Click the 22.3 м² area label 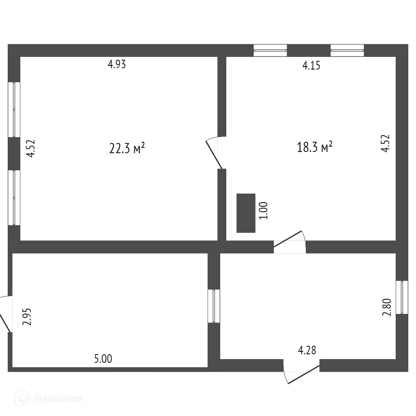127,148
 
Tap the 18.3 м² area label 315,147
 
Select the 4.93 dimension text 117,64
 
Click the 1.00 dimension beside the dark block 264,211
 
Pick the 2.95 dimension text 27,317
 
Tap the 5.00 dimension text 103,359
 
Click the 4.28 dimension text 307,350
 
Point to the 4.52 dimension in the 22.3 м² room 31,149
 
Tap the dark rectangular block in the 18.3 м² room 246,213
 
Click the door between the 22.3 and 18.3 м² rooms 215,153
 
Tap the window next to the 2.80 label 402,297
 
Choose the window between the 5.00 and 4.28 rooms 214,306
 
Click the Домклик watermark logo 49,399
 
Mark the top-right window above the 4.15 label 347,50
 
